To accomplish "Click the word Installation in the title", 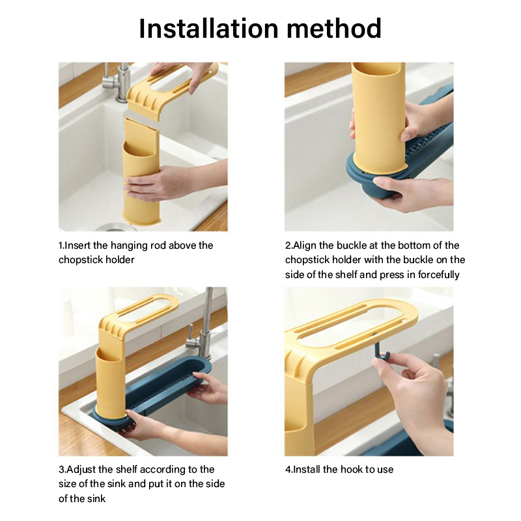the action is (208, 28).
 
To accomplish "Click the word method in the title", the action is (334, 28).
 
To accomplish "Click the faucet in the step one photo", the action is (117, 81).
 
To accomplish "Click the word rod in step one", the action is (158, 246).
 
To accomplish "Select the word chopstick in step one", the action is (79, 260).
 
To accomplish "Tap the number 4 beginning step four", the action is (288, 470).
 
